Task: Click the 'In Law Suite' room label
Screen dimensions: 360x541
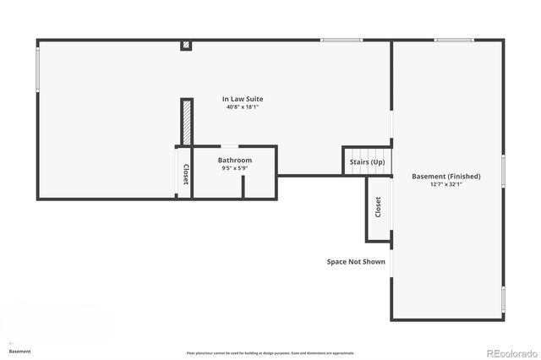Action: (x=243, y=99)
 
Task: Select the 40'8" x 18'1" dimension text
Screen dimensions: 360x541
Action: (x=243, y=107)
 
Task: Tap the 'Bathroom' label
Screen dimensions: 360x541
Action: (x=234, y=160)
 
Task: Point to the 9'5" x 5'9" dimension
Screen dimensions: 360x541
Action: (x=234, y=168)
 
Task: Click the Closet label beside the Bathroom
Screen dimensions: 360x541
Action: (x=185, y=173)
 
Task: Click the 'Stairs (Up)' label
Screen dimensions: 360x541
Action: (x=367, y=161)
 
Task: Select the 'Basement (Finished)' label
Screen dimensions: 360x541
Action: (x=445, y=176)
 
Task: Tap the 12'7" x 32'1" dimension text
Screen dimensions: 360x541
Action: (x=445, y=184)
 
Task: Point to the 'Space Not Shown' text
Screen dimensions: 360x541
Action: (x=356, y=262)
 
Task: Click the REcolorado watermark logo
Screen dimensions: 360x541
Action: (x=509, y=352)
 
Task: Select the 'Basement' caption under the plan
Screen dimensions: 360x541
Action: (x=20, y=351)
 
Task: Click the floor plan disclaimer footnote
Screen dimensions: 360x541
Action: (x=270, y=353)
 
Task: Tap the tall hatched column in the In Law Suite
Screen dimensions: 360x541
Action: (x=184, y=123)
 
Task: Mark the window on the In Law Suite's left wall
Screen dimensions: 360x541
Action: (x=37, y=68)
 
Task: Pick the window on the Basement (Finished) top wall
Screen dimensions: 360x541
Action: (x=454, y=40)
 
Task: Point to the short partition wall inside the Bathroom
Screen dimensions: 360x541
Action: (x=243, y=187)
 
